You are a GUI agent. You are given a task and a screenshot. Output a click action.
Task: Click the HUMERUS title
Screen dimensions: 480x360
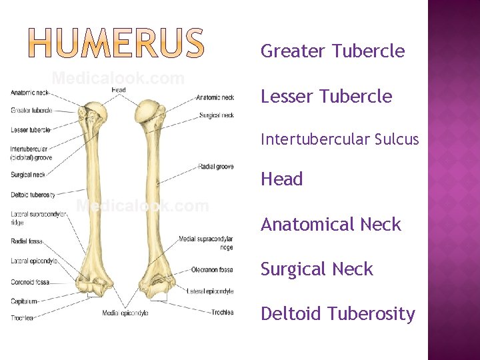117,43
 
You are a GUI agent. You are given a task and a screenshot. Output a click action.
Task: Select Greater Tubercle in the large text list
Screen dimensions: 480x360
333,51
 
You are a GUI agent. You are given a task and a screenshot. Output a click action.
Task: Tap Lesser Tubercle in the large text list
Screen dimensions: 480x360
326,97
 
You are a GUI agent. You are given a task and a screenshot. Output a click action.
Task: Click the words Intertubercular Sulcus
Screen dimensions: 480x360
339,139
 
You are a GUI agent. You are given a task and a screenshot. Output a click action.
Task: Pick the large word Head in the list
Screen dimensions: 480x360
282,179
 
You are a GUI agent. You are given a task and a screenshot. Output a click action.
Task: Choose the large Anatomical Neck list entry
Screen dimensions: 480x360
331,225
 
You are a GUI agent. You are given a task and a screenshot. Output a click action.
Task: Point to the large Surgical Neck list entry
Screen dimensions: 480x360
317,269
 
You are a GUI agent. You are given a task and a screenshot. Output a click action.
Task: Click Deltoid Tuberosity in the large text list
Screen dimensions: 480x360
337,313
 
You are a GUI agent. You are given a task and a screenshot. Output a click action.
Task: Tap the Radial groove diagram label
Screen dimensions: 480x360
215,167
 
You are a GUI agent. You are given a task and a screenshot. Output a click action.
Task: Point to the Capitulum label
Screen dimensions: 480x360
25,301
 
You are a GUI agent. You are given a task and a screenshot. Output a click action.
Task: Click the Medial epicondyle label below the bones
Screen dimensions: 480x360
125,313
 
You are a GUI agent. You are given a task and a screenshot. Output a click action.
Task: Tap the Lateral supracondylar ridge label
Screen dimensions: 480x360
38,217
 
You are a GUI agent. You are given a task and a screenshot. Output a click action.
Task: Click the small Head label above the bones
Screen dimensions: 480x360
119,89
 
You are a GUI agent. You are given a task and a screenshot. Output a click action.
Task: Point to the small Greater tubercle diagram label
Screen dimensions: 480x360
31,110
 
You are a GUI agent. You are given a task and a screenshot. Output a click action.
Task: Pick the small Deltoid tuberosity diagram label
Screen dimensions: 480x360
33,195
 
